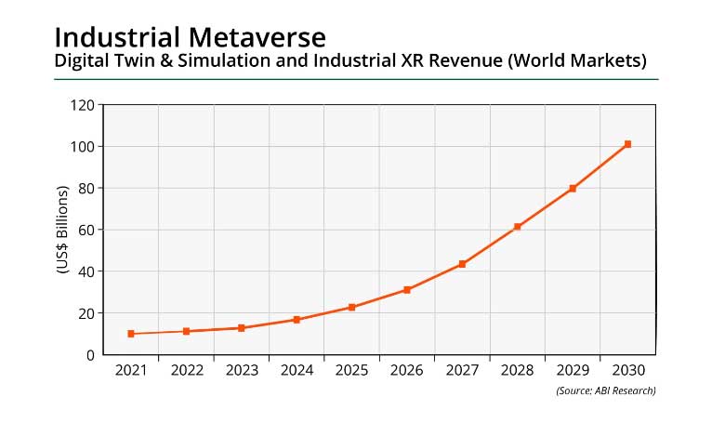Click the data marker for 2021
(x=131, y=334)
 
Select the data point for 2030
(x=628, y=144)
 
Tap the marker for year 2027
(x=462, y=264)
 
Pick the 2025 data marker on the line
(x=351, y=307)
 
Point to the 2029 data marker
(x=573, y=189)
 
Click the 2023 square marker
(x=242, y=328)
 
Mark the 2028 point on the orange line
(x=517, y=227)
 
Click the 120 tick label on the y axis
(x=82, y=105)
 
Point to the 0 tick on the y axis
(x=90, y=355)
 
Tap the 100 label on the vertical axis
(x=82, y=147)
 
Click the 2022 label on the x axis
(x=186, y=370)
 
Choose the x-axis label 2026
(x=407, y=370)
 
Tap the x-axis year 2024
(x=297, y=370)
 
